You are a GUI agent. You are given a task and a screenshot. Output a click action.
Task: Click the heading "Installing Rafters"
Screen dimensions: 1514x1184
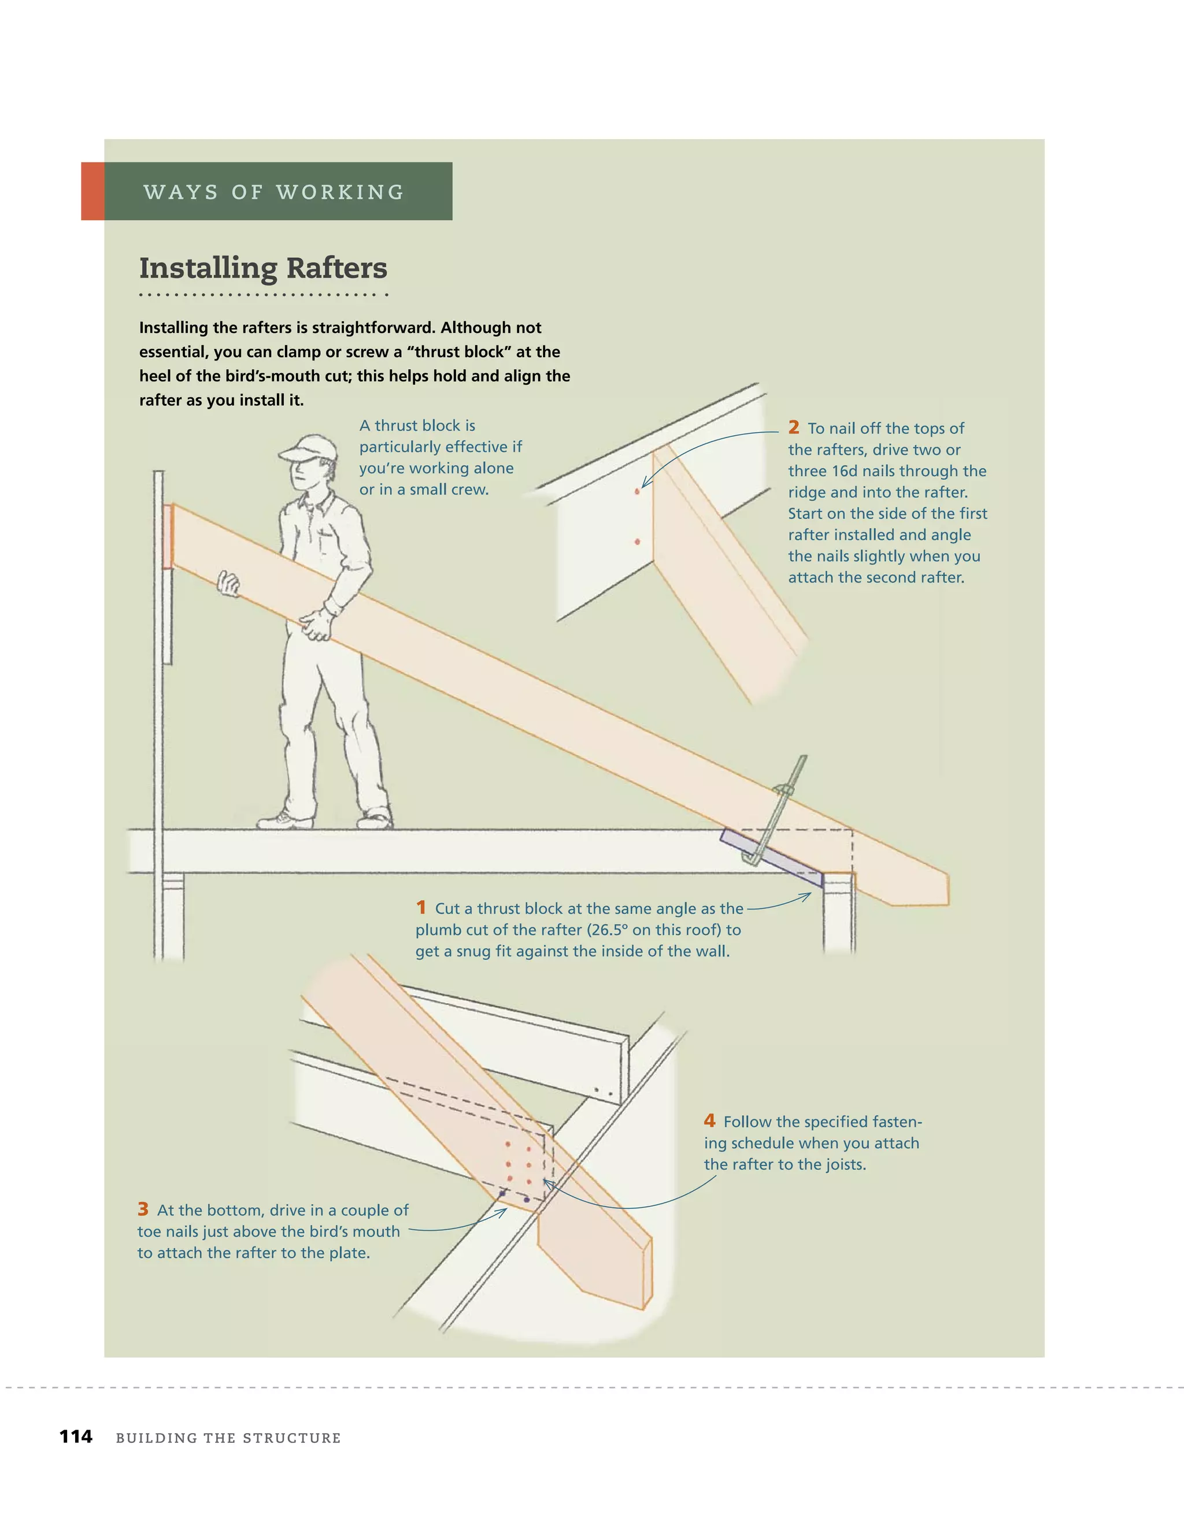click(x=263, y=268)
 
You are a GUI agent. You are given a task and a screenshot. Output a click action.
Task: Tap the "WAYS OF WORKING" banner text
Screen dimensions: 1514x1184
click(x=274, y=192)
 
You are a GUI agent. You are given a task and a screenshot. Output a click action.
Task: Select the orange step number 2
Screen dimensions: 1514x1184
click(x=794, y=427)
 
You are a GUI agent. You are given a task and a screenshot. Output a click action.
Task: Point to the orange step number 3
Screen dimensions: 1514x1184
click(x=143, y=1209)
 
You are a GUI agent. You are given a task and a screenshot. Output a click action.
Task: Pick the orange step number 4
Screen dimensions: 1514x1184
click(x=709, y=1120)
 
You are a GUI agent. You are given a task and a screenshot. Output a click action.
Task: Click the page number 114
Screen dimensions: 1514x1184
click(x=76, y=1437)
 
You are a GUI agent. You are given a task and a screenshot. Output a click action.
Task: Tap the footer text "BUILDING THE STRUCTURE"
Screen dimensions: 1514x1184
click(x=228, y=1438)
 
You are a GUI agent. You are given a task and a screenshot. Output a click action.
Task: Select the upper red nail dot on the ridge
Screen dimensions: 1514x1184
click(x=637, y=492)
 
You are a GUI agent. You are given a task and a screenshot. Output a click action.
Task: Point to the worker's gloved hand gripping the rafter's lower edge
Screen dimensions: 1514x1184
click(x=316, y=624)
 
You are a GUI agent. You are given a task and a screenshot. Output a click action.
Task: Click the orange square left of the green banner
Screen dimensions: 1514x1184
click(x=93, y=191)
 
